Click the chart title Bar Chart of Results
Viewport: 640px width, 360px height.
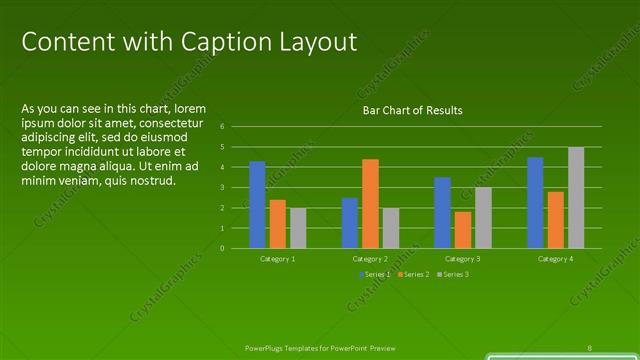[x=412, y=110]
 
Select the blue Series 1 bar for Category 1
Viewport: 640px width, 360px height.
[x=257, y=204]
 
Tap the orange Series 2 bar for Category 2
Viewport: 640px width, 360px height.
[x=370, y=203]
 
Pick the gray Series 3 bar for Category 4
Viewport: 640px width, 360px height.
[x=576, y=197]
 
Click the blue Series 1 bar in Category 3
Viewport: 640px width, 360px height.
[x=442, y=212]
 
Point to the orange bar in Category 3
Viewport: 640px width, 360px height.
[x=462, y=229]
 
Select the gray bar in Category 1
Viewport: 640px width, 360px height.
[x=298, y=227]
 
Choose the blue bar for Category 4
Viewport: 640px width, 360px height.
[x=535, y=202]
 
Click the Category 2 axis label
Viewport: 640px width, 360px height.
[x=370, y=259]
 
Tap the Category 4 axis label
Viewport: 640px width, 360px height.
[x=555, y=259]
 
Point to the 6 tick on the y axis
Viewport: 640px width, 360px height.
[x=236, y=127]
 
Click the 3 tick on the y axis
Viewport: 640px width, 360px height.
[x=236, y=188]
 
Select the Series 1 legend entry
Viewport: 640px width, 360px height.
[x=375, y=274]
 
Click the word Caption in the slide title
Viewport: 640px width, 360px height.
[x=218, y=42]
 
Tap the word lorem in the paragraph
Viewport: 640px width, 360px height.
[x=190, y=108]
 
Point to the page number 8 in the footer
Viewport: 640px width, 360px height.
[x=590, y=347]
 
